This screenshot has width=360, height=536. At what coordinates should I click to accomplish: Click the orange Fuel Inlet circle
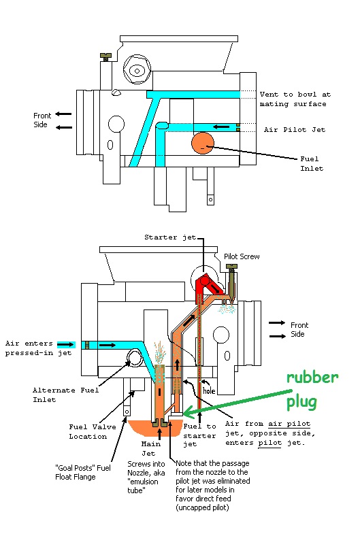pyautogui.click(x=203, y=143)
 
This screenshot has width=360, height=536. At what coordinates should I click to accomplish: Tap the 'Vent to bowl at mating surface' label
pyautogui.click(x=295, y=99)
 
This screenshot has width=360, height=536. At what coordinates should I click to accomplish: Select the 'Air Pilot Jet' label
pyautogui.click(x=295, y=129)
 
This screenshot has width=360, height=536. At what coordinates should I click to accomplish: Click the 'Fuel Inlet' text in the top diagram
pyautogui.click(x=312, y=163)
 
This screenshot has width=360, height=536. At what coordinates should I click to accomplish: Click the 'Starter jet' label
pyautogui.click(x=170, y=237)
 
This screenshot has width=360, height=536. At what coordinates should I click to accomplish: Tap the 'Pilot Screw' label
pyautogui.click(x=242, y=256)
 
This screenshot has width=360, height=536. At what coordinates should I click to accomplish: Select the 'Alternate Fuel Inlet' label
pyautogui.click(x=65, y=395)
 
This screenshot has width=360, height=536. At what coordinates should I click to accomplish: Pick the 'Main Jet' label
pyautogui.click(x=150, y=448)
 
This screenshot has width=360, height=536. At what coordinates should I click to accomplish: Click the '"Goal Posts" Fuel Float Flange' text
pyautogui.click(x=83, y=472)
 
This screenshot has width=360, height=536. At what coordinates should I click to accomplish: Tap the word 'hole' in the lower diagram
pyautogui.click(x=209, y=390)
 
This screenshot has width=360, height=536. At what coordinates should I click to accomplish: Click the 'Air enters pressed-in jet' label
pyautogui.click(x=38, y=348)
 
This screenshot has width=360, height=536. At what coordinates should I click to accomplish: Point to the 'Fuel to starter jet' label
pyautogui.click(x=199, y=435)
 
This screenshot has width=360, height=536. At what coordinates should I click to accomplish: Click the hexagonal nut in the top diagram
pyautogui.click(x=137, y=71)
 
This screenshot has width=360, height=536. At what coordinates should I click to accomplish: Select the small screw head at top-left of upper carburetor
pyautogui.click(x=106, y=55)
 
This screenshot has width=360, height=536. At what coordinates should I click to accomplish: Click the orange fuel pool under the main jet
pyautogui.click(x=154, y=428)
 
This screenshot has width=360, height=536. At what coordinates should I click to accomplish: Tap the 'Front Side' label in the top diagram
pyautogui.click(x=42, y=120)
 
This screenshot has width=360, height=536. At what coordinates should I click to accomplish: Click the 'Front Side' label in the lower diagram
pyautogui.click(x=299, y=329)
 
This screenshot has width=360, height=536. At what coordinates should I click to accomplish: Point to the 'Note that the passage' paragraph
pyautogui.click(x=212, y=486)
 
